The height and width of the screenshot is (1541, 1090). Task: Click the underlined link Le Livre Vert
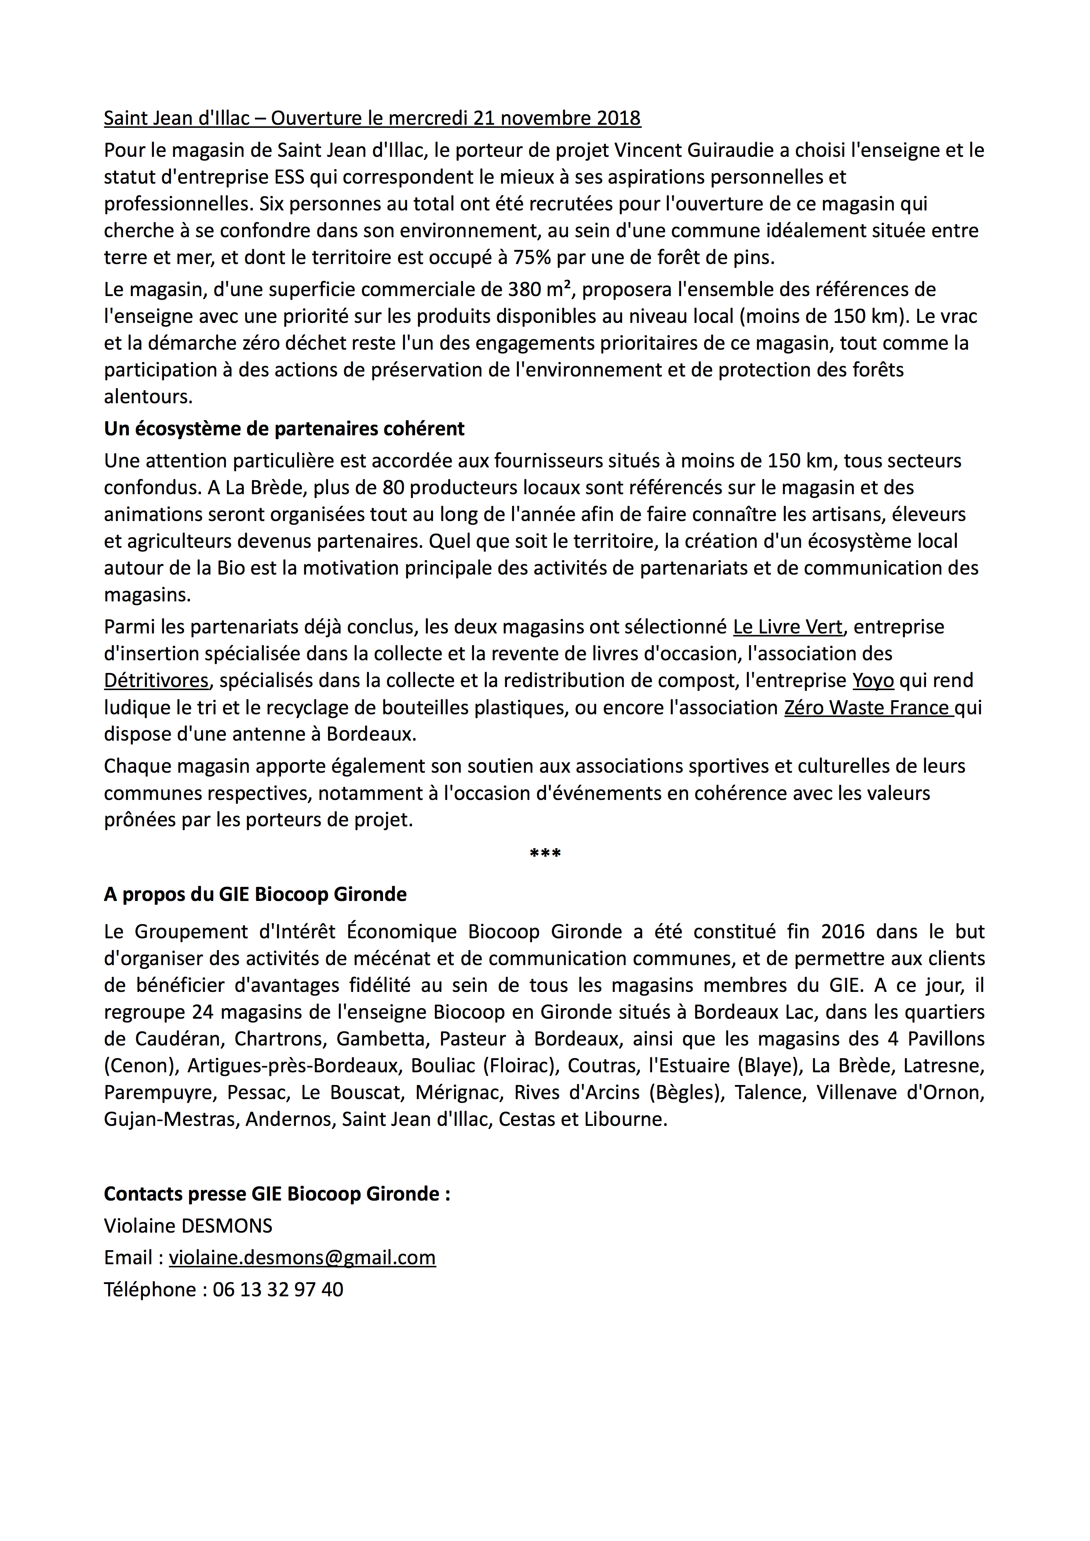(787, 627)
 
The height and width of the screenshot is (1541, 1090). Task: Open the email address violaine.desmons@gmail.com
(302, 1257)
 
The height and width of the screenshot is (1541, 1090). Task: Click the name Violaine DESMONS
(188, 1226)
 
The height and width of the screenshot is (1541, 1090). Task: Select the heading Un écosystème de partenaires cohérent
(284, 429)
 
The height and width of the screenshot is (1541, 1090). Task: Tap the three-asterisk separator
(545, 854)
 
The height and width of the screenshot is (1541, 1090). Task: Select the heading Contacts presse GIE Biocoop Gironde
(277, 1194)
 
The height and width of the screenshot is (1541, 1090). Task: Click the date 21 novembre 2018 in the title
(557, 118)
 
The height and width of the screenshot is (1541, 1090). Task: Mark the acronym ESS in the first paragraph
(289, 177)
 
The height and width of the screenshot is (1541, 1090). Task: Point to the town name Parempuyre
(158, 1092)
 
